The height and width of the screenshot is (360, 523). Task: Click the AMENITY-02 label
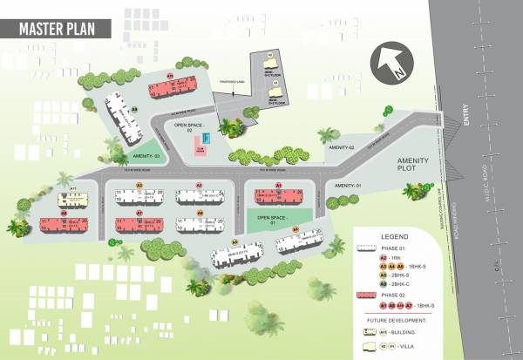[x=341, y=148]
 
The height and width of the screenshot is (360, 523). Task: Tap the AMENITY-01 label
[x=347, y=186]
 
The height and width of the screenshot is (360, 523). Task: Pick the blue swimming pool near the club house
[x=206, y=139]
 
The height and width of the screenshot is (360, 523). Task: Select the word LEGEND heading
[x=395, y=236]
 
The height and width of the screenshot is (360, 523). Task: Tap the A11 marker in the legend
[x=383, y=331]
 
